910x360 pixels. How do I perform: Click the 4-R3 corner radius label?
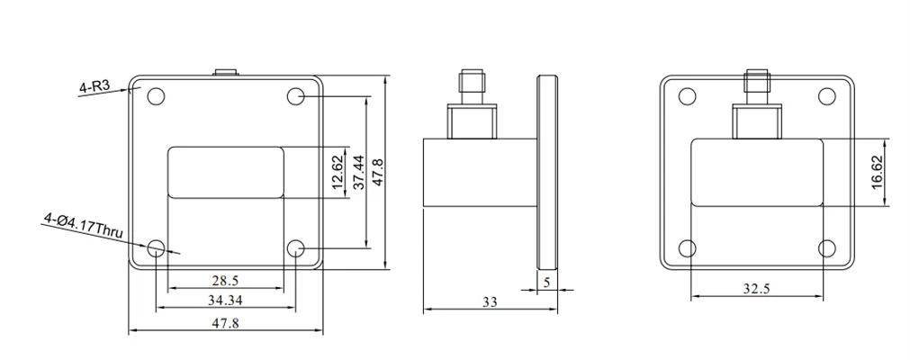coord(95,87)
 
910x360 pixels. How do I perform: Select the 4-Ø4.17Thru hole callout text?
coord(83,225)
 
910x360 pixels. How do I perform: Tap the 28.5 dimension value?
coord(225,281)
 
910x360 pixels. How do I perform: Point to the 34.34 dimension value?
coord(225,301)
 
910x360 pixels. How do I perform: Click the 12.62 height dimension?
coord(338,173)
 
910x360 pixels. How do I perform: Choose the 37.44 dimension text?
coord(360,173)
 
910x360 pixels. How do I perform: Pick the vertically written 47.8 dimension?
coord(378,173)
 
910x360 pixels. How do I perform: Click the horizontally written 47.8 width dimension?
coord(225,323)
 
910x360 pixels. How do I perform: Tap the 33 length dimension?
coord(490,301)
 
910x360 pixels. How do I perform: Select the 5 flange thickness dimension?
coord(546,283)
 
